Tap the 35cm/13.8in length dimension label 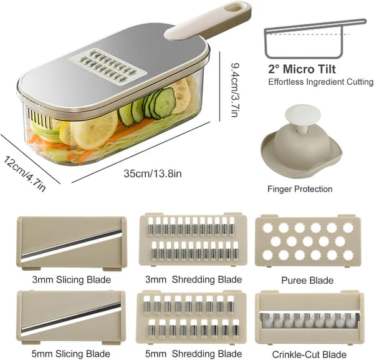pos(153,173)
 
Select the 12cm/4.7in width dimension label pos(24,174)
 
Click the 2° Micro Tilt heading pos(302,69)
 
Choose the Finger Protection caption pos(300,189)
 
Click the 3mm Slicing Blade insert pos(71,243)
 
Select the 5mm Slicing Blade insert pos(71,318)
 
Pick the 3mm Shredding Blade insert pos(193,240)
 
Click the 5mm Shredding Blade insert pos(191,317)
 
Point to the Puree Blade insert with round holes pos(308,241)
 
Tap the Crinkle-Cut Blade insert pos(310,318)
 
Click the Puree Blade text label pos(307,280)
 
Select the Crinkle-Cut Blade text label pos(309,354)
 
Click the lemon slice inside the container pos(95,130)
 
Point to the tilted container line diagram pos(315,37)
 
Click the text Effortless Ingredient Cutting pos(320,82)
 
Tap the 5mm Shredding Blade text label pos(193,353)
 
